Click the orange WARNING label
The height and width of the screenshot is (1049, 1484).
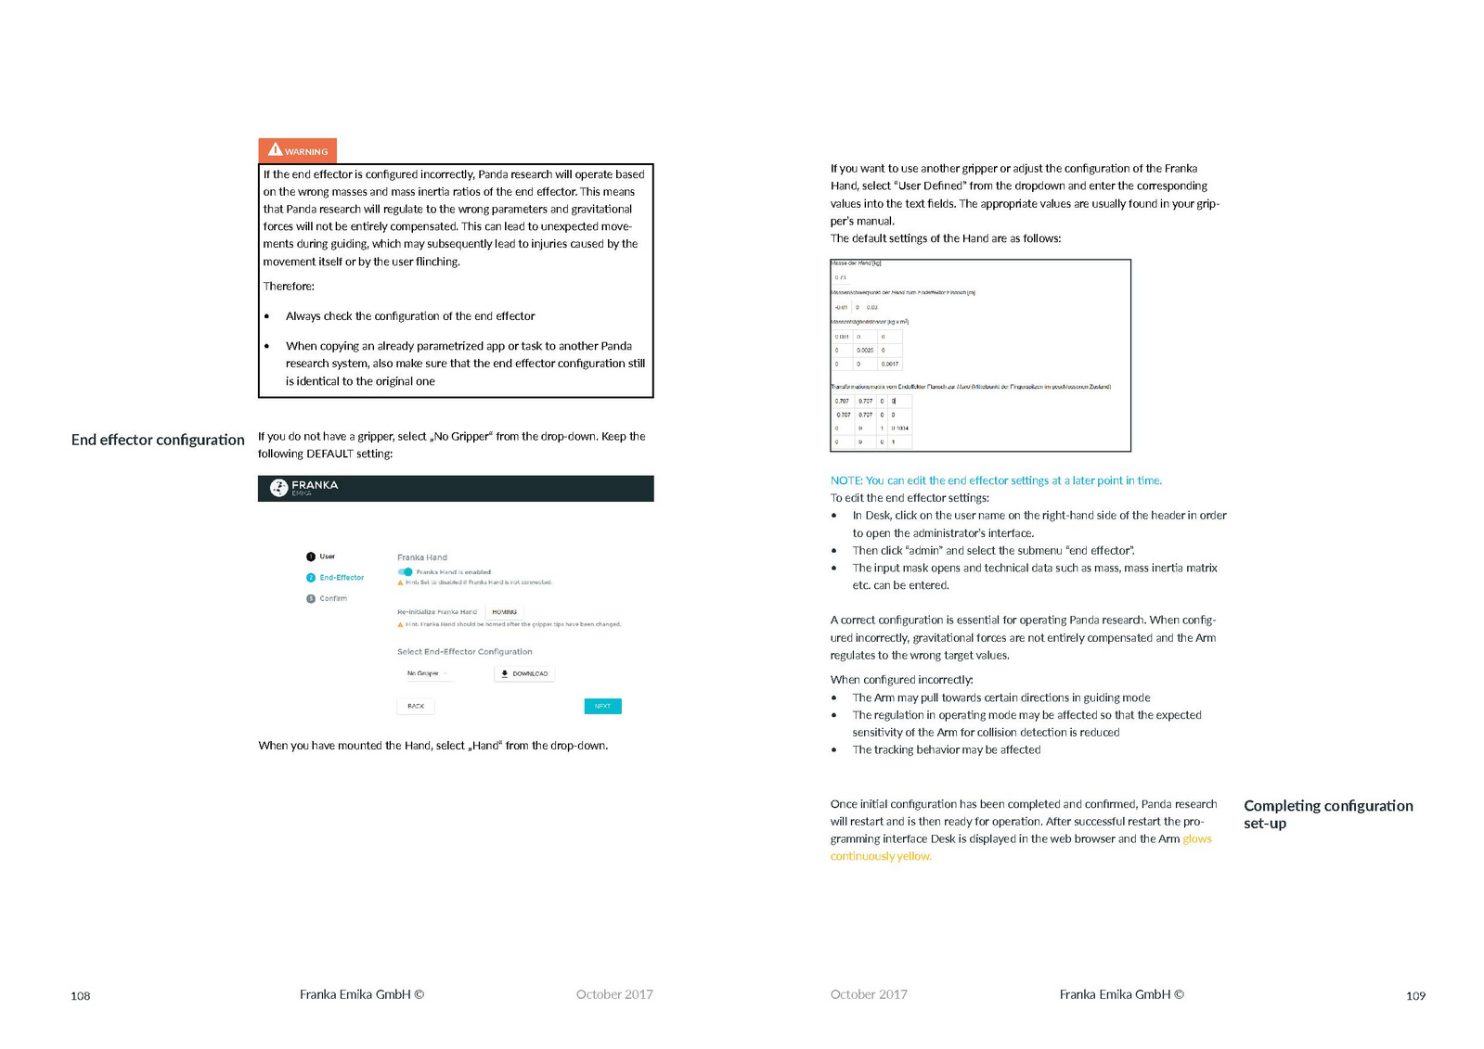pos(297,150)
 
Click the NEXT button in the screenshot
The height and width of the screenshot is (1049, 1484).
pos(602,706)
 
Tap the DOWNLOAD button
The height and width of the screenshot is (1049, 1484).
pos(524,673)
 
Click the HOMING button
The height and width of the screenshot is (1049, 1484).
pos(504,612)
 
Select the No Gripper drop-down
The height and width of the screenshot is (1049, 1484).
pos(426,673)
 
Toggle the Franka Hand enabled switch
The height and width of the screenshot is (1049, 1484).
pos(406,571)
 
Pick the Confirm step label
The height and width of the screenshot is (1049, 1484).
pos(333,598)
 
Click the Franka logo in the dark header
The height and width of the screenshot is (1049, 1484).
pos(278,488)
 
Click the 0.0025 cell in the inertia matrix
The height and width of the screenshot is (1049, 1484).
pos(865,351)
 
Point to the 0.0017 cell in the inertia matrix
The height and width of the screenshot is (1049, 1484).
pos(889,364)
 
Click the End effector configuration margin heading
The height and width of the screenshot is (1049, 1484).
pos(158,440)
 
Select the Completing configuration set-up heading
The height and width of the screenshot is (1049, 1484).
pos(1327,813)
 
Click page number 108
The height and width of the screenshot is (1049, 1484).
pos(81,996)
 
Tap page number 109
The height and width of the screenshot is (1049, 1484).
pos(1415,996)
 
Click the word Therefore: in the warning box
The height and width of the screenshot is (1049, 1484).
pos(289,287)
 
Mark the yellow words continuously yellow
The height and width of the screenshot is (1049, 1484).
pos(881,856)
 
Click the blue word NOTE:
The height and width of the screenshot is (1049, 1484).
pos(845,480)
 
